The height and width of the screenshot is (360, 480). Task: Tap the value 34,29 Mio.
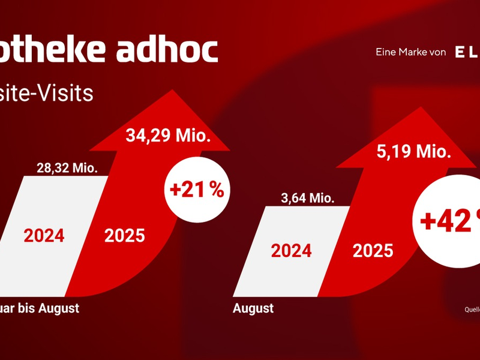coord(168,136)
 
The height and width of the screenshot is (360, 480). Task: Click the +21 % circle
coord(196,190)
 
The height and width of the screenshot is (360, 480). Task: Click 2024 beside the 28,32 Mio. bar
coord(44,235)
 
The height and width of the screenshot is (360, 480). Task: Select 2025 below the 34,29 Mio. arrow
coord(125,235)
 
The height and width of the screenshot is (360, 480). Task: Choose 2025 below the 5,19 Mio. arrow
coord(373,250)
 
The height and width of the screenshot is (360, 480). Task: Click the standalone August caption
coord(253,308)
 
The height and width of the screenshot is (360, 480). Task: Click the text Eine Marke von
coord(410,53)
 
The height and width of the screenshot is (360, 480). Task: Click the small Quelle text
coord(472,310)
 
